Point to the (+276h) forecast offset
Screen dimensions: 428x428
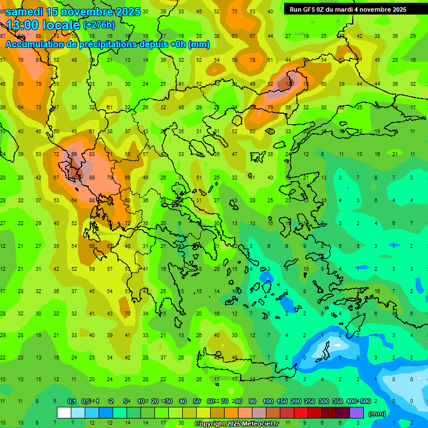pos(99,25)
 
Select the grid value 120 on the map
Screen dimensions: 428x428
pos(289,84)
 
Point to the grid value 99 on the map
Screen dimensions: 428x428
pos(74,154)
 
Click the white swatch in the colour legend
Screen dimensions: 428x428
pos(64,412)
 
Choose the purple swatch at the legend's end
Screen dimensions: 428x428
pos(357,412)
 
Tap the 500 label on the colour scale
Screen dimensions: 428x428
pos(365,402)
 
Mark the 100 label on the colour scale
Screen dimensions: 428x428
pos(268,402)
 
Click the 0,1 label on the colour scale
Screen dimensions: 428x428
pos(72,402)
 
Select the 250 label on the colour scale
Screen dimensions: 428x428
pos(310,402)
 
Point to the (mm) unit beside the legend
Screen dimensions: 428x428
pos(377,414)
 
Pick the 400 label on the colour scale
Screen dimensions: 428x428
pos(351,402)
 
